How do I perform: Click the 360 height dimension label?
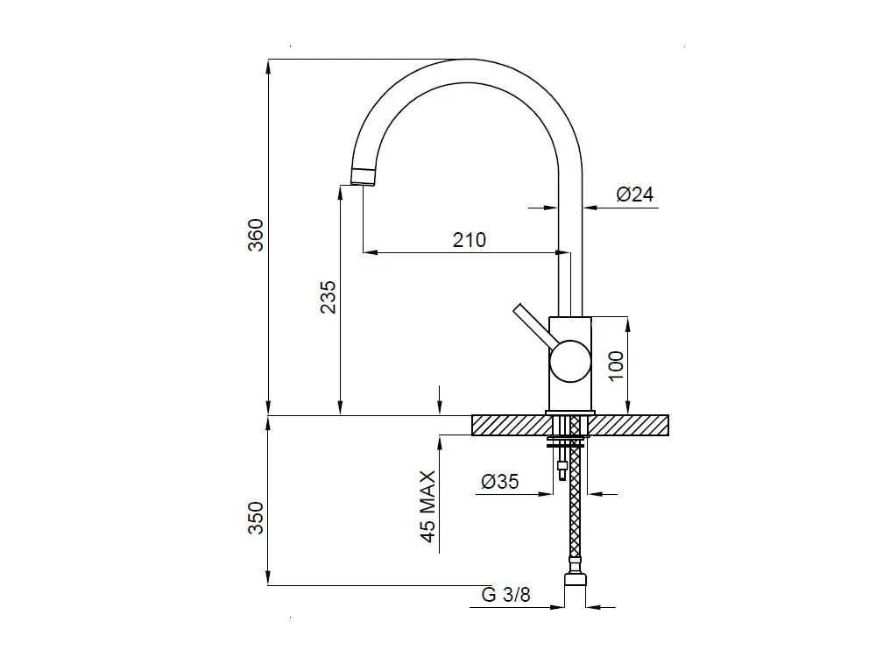(255, 235)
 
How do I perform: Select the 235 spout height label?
(328, 297)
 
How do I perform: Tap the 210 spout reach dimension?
(470, 240)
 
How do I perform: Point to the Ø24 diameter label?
(634, 194)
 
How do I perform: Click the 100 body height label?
(615, 366)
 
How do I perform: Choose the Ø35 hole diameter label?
(499, 481)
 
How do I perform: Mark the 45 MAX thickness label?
(427, 506)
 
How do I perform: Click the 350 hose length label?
(255, 518)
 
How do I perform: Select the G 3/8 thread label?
(505, 595)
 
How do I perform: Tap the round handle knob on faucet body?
(570, 362)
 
